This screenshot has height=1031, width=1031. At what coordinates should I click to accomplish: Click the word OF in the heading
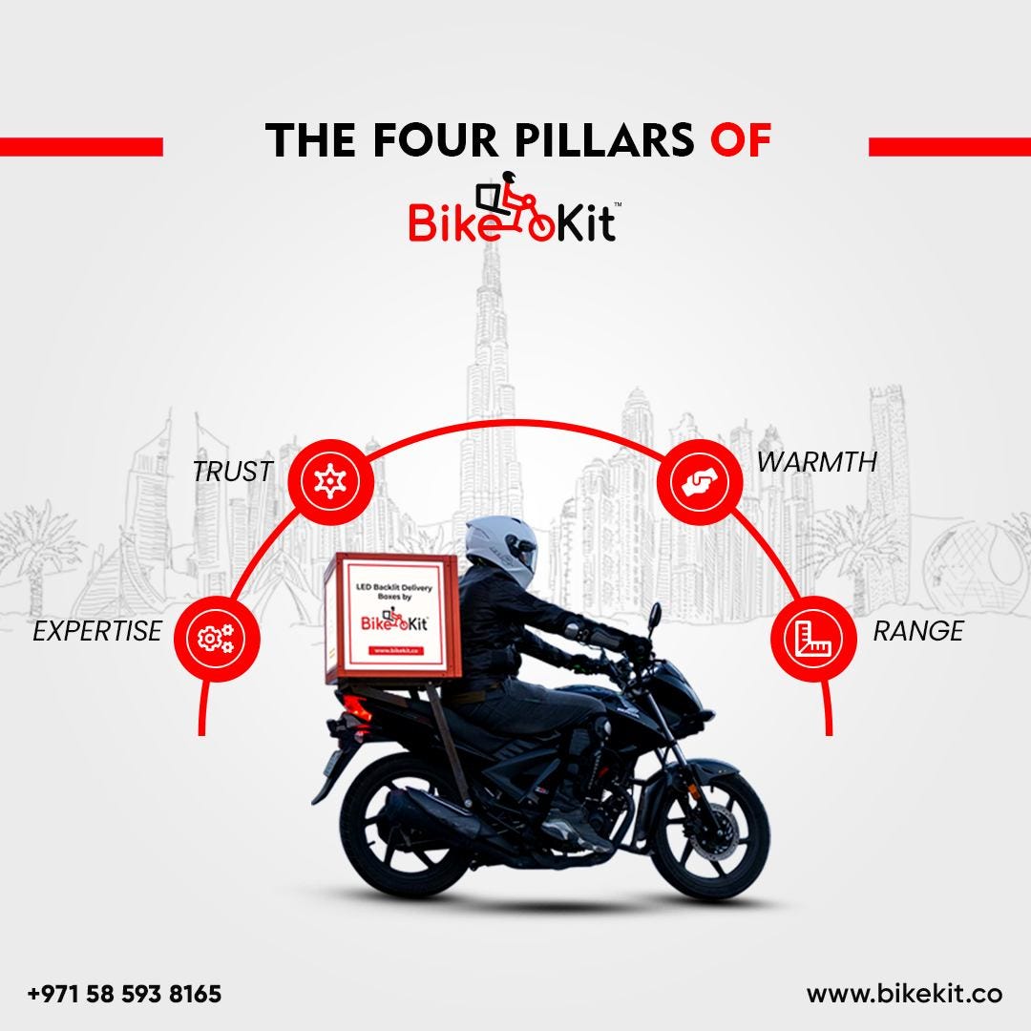click(740, 139)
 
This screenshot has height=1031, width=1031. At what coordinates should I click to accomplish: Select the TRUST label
click(232, 471)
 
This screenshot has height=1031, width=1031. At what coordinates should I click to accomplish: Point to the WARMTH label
click(816, 462)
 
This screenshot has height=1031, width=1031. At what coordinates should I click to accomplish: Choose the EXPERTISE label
click(97, 631)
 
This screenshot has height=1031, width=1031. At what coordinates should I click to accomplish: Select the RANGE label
click(917, 631)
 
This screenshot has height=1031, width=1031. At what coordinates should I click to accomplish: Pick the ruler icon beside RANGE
click(809, 637)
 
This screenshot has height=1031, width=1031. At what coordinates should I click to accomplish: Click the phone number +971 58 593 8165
click(125, 994)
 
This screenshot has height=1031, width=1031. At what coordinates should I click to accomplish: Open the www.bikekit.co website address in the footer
click(903, 994)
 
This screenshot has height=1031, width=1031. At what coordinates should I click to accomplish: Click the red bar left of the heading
click(81, 146)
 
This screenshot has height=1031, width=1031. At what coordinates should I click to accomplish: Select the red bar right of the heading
click(949, 146)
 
